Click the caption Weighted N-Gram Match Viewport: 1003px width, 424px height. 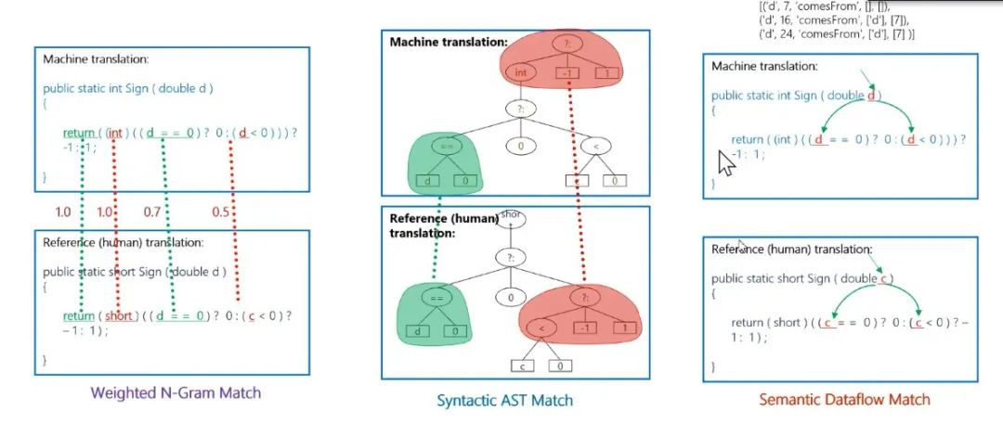(x=176, y=392)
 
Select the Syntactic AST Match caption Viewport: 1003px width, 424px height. (x=504, y=401)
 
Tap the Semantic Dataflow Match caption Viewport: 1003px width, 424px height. (x=843, y=400)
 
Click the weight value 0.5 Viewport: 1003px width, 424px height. (x=220, y=212)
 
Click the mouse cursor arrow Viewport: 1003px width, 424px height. (x=726, y=164)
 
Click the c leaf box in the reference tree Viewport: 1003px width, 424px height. (x=524, y=366)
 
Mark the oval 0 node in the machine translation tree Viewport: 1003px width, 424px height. (x=520, y=145)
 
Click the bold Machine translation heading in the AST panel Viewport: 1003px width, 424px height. (x=448, y=42)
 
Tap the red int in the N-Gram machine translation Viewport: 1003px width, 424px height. (x=115, y=134)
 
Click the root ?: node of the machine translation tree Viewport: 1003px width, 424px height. (x=566, y=43)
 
